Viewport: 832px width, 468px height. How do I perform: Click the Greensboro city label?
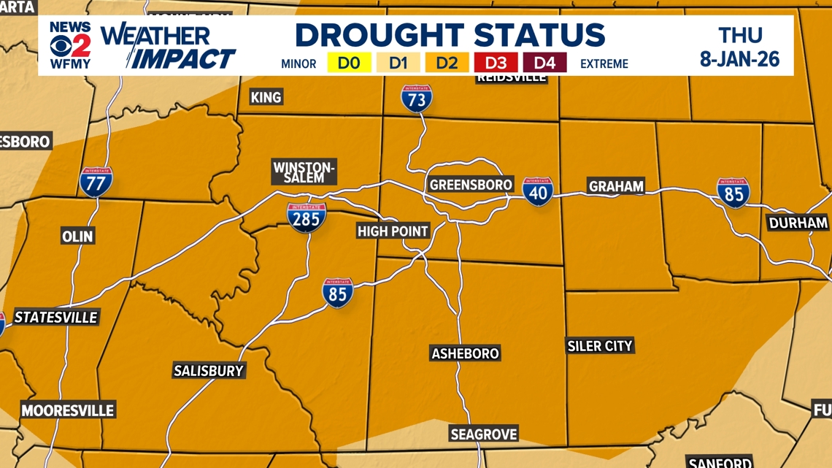tap(471, 185)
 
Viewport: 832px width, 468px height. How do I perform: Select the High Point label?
tap(393, 231)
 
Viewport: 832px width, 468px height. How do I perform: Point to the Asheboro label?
tap(465, 354)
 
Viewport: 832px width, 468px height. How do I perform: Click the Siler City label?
tap(600, 346)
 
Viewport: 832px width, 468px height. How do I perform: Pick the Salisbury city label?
tap(208, 371)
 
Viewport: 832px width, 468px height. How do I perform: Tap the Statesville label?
tap(55, 318)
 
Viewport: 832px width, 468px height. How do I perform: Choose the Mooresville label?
tap(68, 410)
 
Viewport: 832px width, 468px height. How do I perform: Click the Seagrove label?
tap(483, 434)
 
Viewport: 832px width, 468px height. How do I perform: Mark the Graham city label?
tap(616, 187)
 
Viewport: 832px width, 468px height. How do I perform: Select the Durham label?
tap(798, 223)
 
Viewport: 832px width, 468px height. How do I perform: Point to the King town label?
tap(266, 97)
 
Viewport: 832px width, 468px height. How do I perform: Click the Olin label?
tap(77, 237)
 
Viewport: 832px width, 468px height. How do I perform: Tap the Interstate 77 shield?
tap(96, 182)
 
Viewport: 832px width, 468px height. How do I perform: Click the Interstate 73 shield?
tap(416, 99)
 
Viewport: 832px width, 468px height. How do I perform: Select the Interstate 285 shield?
tap(307, 218)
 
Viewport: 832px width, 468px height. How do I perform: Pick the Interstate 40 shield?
tap(537, 192)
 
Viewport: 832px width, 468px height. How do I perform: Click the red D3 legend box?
tap(496, 63)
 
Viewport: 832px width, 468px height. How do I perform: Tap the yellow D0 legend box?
tap(350, 63)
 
